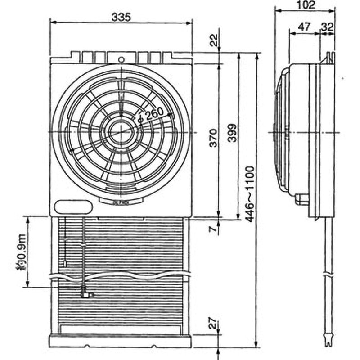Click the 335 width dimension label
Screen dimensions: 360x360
pos(121,17)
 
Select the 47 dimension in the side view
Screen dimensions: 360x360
pos(305,27)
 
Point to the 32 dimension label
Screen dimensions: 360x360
pos(327,27)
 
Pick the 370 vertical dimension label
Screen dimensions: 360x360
pos(214,138)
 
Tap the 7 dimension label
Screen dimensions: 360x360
pos(214,229)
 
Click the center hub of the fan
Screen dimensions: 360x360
pos(120,131)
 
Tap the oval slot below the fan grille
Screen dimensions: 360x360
pos(73,207)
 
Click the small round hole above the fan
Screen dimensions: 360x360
pos(121,59)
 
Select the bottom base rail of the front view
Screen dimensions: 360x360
pos(120,341)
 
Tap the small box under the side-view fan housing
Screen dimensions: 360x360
pos(302,198)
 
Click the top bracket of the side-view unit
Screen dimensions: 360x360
pos(330,58)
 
